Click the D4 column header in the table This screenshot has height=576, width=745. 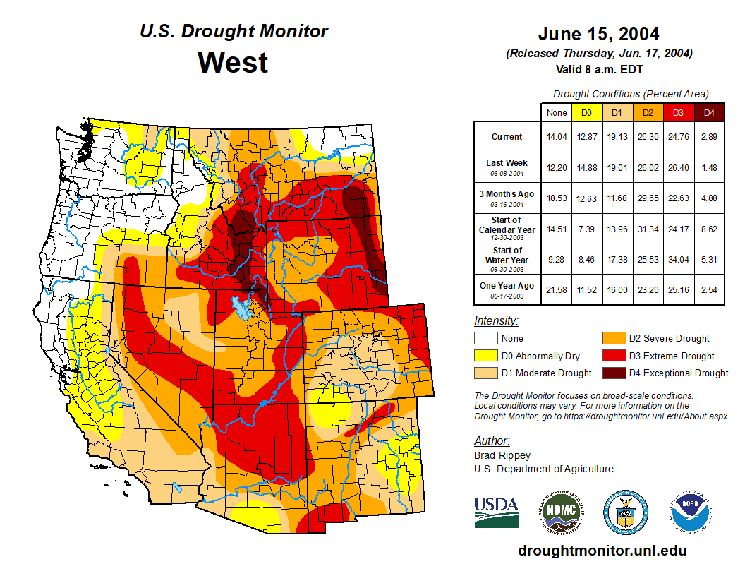coord(709,112)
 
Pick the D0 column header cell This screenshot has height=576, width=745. coord(586,112)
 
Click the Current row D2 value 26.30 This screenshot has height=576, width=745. coord(648,137)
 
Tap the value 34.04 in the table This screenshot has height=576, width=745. coord(679,260)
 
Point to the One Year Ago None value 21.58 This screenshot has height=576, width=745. coord(556,290)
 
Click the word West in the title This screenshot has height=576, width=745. coord(233,62)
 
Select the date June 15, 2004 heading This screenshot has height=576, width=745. coord(598,34)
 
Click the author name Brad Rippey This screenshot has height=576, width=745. coord(502,455)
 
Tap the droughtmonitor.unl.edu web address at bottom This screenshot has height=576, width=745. coord(602,551)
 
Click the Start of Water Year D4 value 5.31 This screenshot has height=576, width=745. coord(709,260)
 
